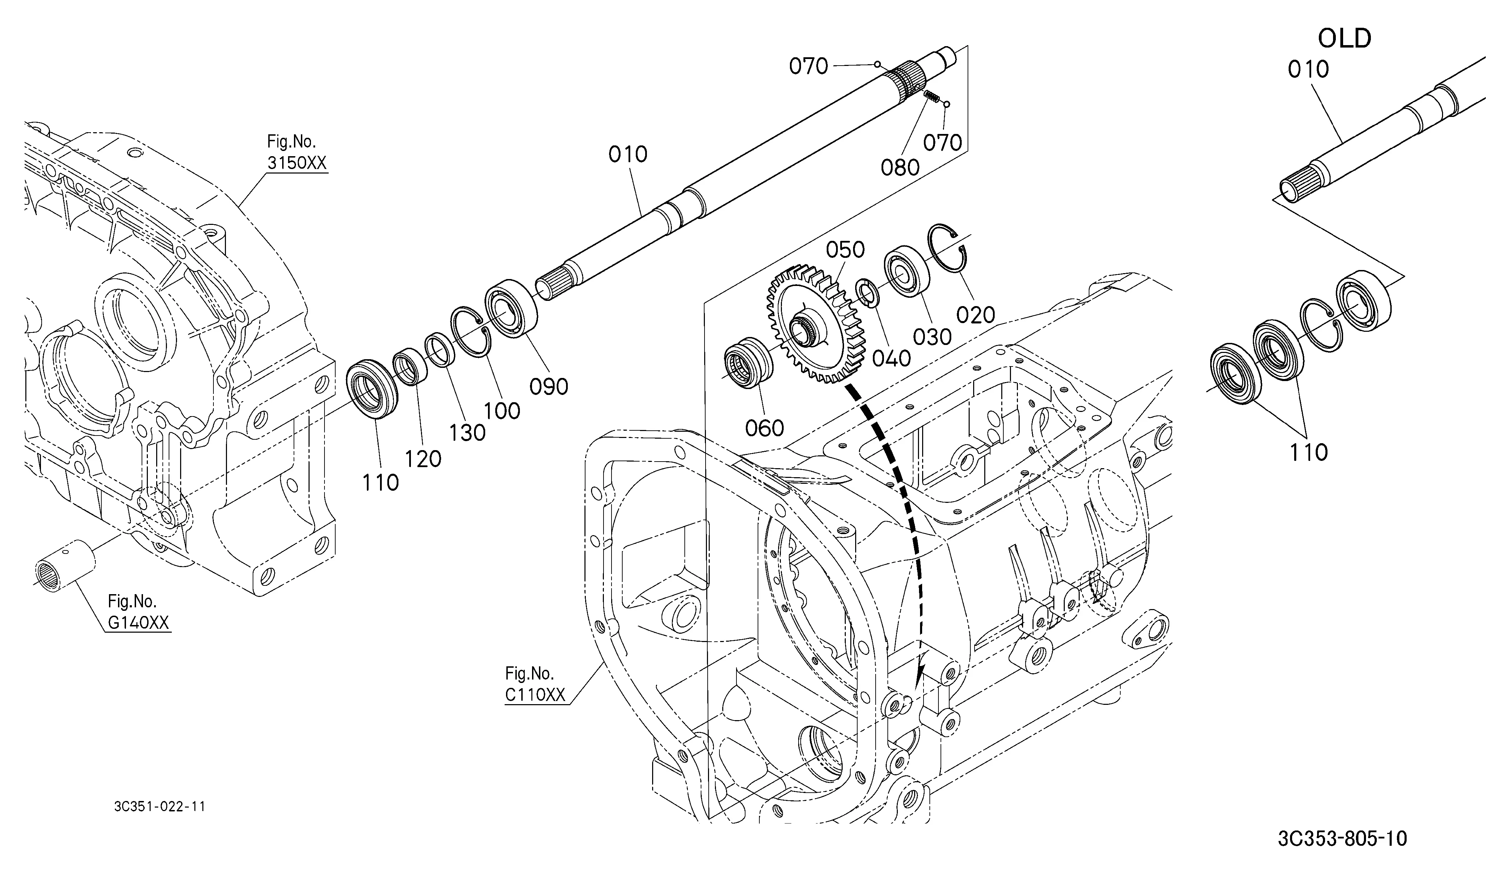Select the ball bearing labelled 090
pos(511,308)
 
